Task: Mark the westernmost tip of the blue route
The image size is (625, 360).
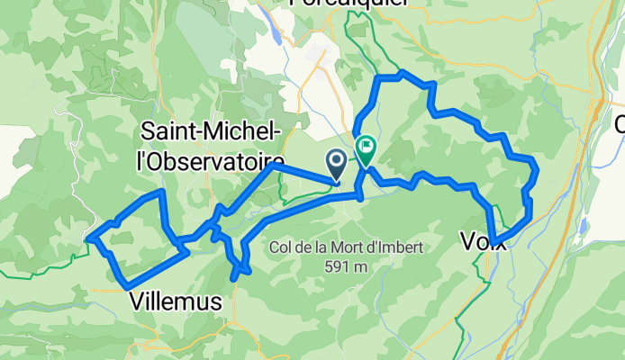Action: tap(88, 238)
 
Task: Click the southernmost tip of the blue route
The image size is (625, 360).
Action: tap(235, 280)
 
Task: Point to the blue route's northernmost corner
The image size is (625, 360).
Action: tap(402, 72)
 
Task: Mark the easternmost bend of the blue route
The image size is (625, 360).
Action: tap(537, 167)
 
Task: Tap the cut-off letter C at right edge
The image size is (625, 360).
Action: tap(620, 125)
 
